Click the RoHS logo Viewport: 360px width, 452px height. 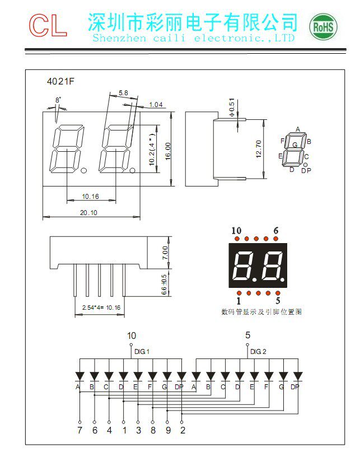point(324,26)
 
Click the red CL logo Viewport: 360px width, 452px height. point(48,25)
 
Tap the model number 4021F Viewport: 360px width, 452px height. point(60,81)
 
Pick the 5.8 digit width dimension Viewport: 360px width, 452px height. point(123,92)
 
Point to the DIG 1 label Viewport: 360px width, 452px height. point(142,352)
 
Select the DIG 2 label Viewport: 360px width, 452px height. point(259,352)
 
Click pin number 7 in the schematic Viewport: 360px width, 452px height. point(80,430)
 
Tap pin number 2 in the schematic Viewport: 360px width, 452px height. point(183,430)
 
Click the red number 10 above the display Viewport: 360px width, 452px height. point(236,231)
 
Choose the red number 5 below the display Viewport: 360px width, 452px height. point(278,301)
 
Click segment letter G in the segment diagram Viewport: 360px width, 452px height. point(294,145)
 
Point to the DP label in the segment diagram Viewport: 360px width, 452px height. point(306,170)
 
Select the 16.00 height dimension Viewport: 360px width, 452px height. point(167,150)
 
